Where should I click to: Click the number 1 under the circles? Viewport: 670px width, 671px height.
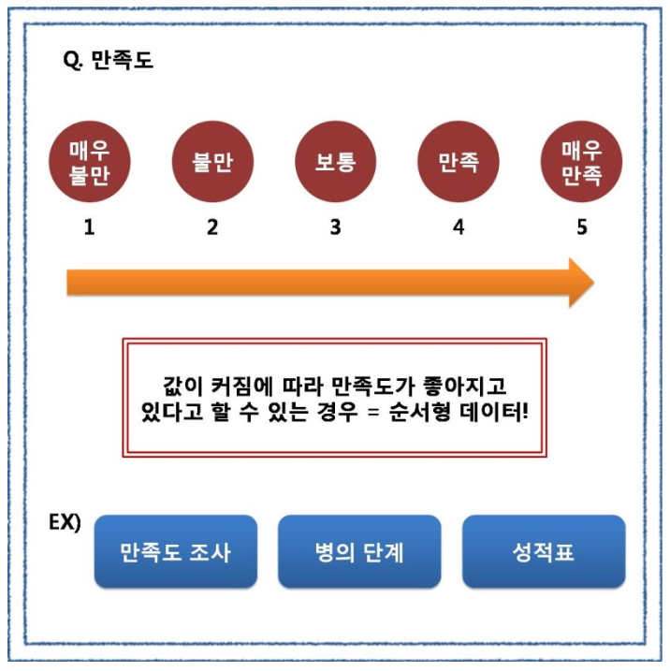(90, 226)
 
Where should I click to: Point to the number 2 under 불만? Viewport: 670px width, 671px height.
(212, 226)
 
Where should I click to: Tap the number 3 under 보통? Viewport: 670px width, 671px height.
(336, 226)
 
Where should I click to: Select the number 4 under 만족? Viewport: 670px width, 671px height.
(459, 226)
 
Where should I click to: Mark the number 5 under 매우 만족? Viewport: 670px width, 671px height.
(582, 226)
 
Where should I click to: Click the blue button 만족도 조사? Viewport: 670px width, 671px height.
(175, 551)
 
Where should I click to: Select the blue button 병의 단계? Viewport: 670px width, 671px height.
(359, 551)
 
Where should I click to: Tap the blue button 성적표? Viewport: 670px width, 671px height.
(543, 551)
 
